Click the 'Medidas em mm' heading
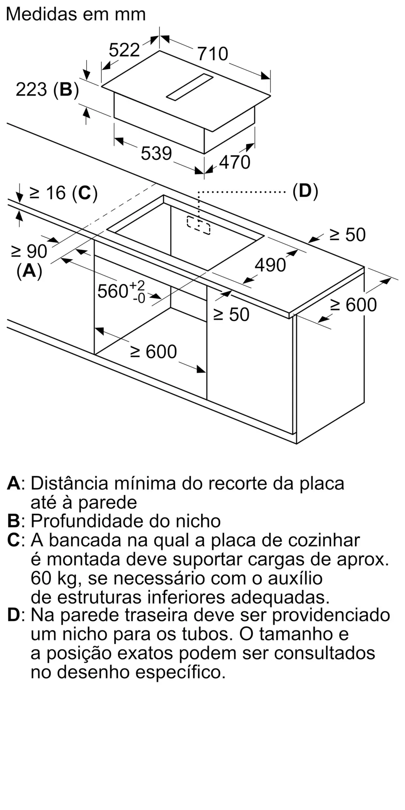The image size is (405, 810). pos(76,15)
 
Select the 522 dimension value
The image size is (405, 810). pos(124,50)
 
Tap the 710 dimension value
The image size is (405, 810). pos(213,54)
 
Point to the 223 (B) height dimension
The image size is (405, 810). pos(47,90)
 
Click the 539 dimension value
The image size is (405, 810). pos(156,153)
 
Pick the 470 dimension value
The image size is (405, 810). pos(234,162)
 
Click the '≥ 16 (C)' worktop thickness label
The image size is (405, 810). pos(64,193)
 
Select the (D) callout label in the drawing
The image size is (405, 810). pos(305,191)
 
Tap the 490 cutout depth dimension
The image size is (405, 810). pos(270,265)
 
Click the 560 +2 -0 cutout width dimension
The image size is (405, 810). pos(121,292)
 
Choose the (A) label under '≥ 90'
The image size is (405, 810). pos(29,271)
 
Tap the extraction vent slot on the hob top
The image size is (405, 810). pos(190,87)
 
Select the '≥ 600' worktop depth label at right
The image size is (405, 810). pos(353,305)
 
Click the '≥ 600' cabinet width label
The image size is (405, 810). pos(153,352)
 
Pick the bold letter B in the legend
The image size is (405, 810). pos(13,521)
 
